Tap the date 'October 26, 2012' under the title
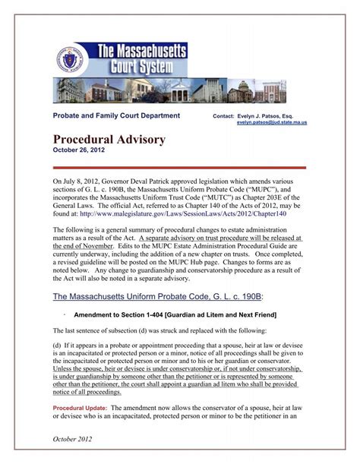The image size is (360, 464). (80, 150)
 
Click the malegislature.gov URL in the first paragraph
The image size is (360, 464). (191, 215)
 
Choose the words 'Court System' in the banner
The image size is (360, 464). (144, 67)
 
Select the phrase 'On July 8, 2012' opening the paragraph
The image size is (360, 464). (79, 183)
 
